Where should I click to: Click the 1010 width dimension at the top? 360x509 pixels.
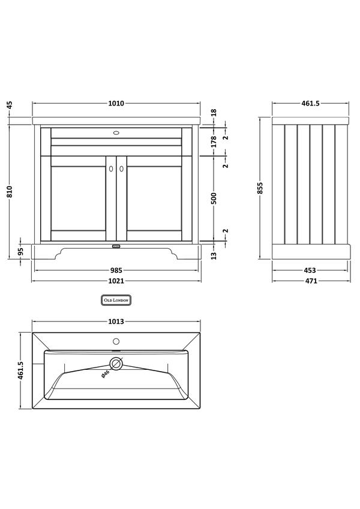pyautogui.click(x=116, y=103)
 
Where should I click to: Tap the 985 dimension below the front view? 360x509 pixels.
pyautogui.click(x=116, y=270)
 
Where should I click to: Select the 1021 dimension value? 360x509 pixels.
pyautogui.click(x=116, y=281)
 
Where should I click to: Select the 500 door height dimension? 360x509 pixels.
pyautogui.click(x=214, y=199)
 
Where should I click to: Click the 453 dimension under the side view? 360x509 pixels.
pyautogui.click(x=310, y=270)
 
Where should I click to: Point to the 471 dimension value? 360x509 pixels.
pyautogui.click(x=310, y=281)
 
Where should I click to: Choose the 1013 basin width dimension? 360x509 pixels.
pyautogui.click(x=116, y=322)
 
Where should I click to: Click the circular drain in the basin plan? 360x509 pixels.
pyautogui.click(x=116, y=363)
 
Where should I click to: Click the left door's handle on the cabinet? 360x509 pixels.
pyautogui.click(x=110, y=170)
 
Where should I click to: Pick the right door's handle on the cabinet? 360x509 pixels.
pyautogui.click(x=121, y=170)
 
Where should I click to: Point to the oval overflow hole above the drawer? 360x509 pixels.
pyautogui.click(x=116, y=129)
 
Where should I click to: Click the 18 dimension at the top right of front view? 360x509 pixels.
pyautogui.click(x=214, y=112)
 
